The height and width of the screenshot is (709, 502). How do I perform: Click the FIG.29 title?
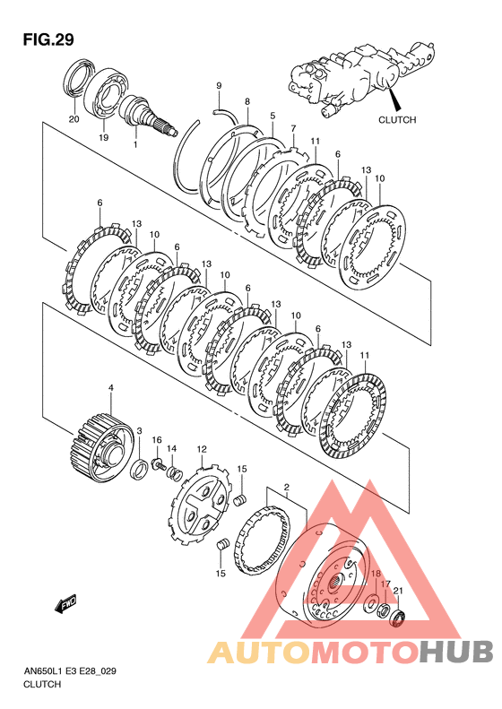48,39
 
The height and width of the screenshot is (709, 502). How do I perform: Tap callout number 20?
74,119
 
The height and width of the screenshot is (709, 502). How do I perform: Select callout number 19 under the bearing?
104,137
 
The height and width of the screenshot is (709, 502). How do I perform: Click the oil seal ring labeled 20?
80,78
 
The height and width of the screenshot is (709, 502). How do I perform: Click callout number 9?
219,85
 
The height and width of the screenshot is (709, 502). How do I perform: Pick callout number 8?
247,102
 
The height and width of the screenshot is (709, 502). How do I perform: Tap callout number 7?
293,129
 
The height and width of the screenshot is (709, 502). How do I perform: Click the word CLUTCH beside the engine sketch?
397,120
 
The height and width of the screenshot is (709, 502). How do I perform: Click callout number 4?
111,387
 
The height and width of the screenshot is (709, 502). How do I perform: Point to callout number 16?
157,440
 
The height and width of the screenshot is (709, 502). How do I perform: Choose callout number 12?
202,449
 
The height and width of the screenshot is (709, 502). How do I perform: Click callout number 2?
286,487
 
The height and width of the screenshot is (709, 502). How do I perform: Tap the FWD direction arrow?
65,603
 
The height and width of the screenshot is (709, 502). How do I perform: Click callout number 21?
398,590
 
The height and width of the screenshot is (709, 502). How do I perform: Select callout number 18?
376,574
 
